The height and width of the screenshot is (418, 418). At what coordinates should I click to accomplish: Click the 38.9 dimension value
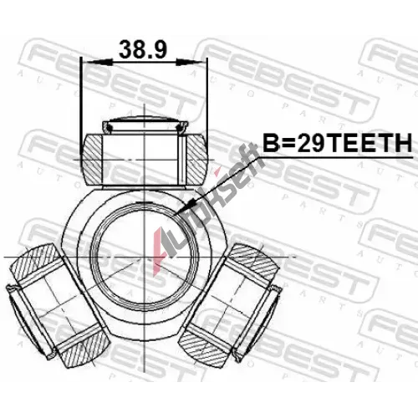pyautogui.click(x=143, y=49)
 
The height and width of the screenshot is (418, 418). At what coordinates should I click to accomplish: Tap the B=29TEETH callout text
pyautogui.click(x=338, y=143)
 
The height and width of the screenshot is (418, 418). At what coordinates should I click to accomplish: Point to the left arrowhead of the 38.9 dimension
pyautogui.click(x=97, y=62)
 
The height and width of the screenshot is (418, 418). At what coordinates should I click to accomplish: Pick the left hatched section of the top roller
pyautogui.click(x=93, y=160)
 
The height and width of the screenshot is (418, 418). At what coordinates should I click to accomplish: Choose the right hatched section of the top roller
pyautogui.click(x=196, y=160)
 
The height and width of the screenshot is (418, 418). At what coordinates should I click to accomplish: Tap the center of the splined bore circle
pyautogui.click(x=145, y=257)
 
